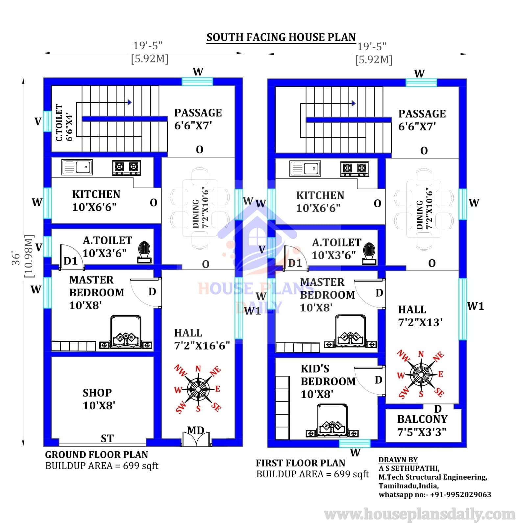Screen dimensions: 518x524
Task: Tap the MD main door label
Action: click(196, 430)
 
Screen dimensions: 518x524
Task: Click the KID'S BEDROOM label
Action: click(328, 381)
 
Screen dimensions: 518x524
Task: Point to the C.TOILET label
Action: click(59, 123)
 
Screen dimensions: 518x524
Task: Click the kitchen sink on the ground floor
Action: click(77, 167)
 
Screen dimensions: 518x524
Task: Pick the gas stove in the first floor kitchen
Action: click(354, 169)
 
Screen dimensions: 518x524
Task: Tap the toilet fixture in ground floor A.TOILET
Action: click(144, 252)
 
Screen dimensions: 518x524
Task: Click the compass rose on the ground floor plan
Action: click(198, 389)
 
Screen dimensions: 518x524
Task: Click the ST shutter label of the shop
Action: click(107, 438)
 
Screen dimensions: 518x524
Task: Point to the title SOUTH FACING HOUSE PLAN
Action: click(281, 37)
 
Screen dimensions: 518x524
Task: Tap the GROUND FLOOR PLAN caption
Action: click(96, 455)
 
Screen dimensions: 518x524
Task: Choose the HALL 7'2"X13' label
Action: click(420, 316)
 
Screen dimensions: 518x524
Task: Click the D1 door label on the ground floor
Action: click(70, 261)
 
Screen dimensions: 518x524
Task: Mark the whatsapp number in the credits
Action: click(435, 494)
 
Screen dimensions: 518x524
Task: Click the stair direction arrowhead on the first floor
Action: click(354, 103)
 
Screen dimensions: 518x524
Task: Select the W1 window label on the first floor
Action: click(476, 306)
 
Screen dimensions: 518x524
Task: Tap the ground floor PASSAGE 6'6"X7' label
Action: click(198, 119)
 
